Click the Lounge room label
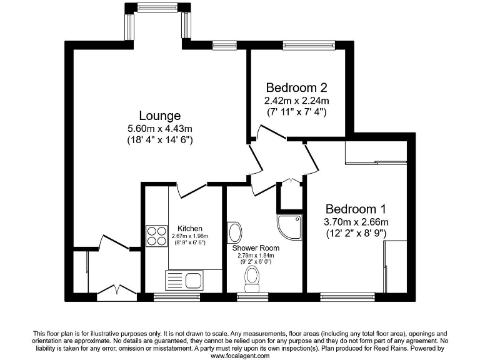(159, 116)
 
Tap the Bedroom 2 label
(296, 87)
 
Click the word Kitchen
(189, 229)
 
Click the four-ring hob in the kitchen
(154, 236)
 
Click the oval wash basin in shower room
(235, 232)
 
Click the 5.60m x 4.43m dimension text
(159, 129)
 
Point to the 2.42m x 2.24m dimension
(296, 100)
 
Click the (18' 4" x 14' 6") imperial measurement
(159, 141)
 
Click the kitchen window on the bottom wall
(172, 297)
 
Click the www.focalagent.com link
(240, 356)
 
